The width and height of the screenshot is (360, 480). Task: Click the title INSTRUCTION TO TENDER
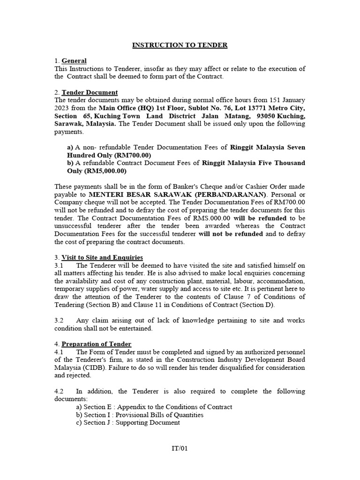point(180,45)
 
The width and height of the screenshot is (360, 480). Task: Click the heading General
point(74,61)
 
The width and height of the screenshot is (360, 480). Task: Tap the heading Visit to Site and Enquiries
point(102,257)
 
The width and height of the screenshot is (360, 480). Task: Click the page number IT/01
point(180,448)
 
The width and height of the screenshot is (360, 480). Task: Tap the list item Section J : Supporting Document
point(131,422)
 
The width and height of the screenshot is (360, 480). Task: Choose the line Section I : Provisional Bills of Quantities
point(143,415)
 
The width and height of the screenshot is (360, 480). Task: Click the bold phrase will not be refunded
point(231,234)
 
